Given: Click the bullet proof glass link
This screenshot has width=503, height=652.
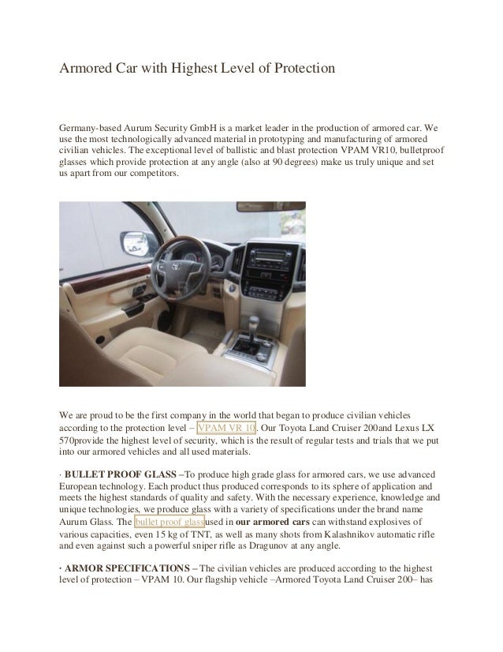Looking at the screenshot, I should [x=170, y=523].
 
